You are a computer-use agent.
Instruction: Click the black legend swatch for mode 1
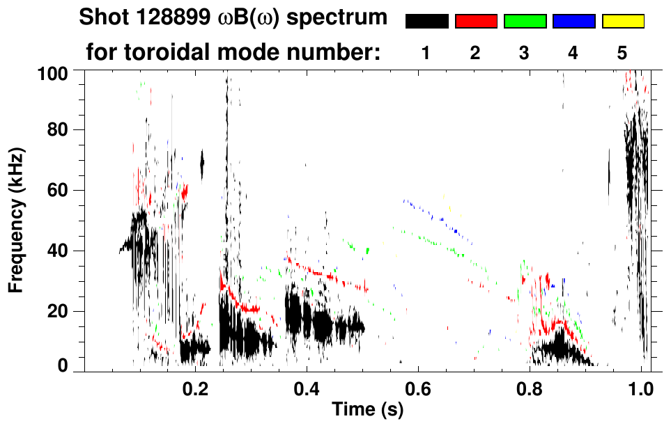(426, 22)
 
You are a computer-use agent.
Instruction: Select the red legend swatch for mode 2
(476, 22)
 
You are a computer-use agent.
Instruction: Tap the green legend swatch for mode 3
(525, 22)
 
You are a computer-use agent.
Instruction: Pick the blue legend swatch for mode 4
(573, 22)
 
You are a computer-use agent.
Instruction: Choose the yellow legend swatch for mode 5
(622, 22)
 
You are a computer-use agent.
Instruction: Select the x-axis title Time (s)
(367, 411)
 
